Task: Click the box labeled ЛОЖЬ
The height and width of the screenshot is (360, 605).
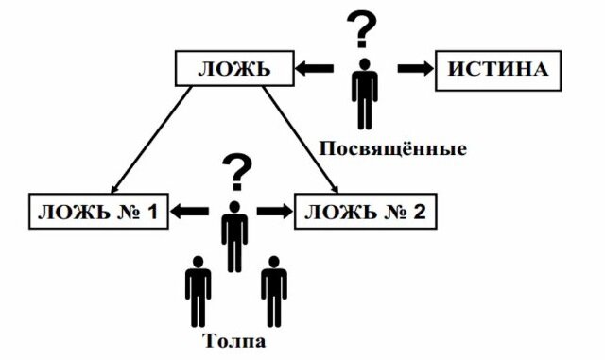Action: pyautogui.click(x=233, y=70)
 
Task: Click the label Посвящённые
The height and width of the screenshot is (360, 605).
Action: pyautogui.click(x=392, y=149)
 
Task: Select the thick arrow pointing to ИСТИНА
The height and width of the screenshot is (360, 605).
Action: pyautogui.click(x=412, y=69)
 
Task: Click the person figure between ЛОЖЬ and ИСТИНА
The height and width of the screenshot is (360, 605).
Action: pyautogui.click(x=362, y=94)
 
